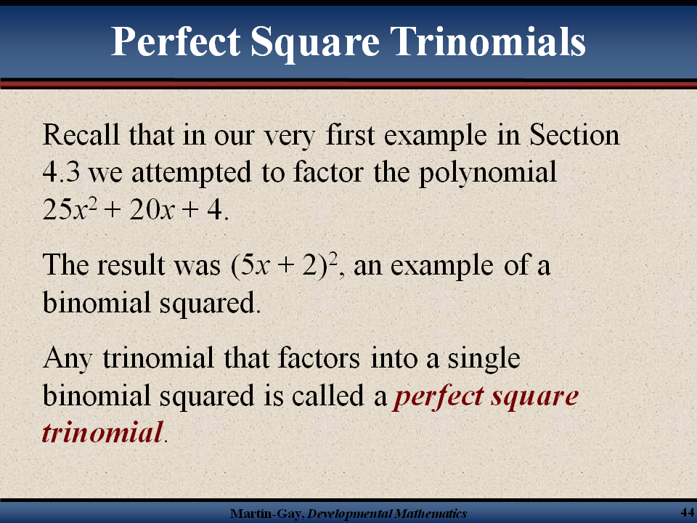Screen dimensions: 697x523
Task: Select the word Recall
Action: [81, 134]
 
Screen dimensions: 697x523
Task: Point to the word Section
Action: [574, 134]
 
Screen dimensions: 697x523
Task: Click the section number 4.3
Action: [61, 172]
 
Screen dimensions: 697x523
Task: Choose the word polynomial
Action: [488, 174]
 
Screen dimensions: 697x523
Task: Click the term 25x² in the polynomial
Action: [70, 208]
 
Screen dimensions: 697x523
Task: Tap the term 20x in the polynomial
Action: [152, 209]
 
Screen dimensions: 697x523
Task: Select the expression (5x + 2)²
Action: [284, 266]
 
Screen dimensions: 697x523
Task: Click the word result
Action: [131, 265]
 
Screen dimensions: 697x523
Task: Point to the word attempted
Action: [191, 174]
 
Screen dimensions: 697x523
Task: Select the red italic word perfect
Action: [438, 397]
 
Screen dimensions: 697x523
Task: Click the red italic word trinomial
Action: [102, 433]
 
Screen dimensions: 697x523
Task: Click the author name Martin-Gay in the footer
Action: [266, 514]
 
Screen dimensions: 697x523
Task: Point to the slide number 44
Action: [688, 511]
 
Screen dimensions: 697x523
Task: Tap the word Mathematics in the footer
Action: [431, 514]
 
